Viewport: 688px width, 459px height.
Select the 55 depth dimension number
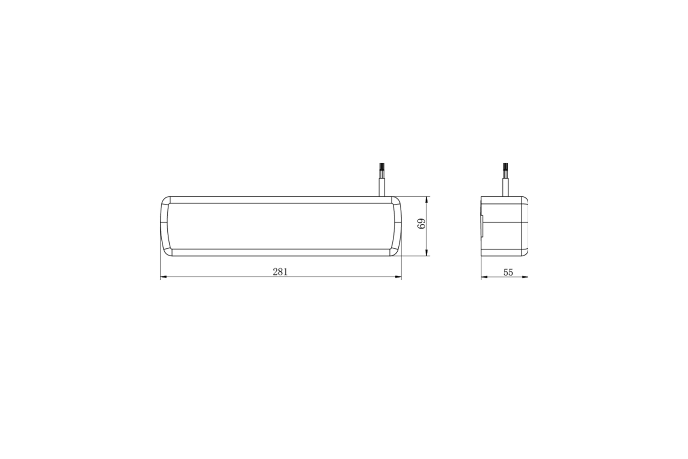(x=508, y=273)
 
